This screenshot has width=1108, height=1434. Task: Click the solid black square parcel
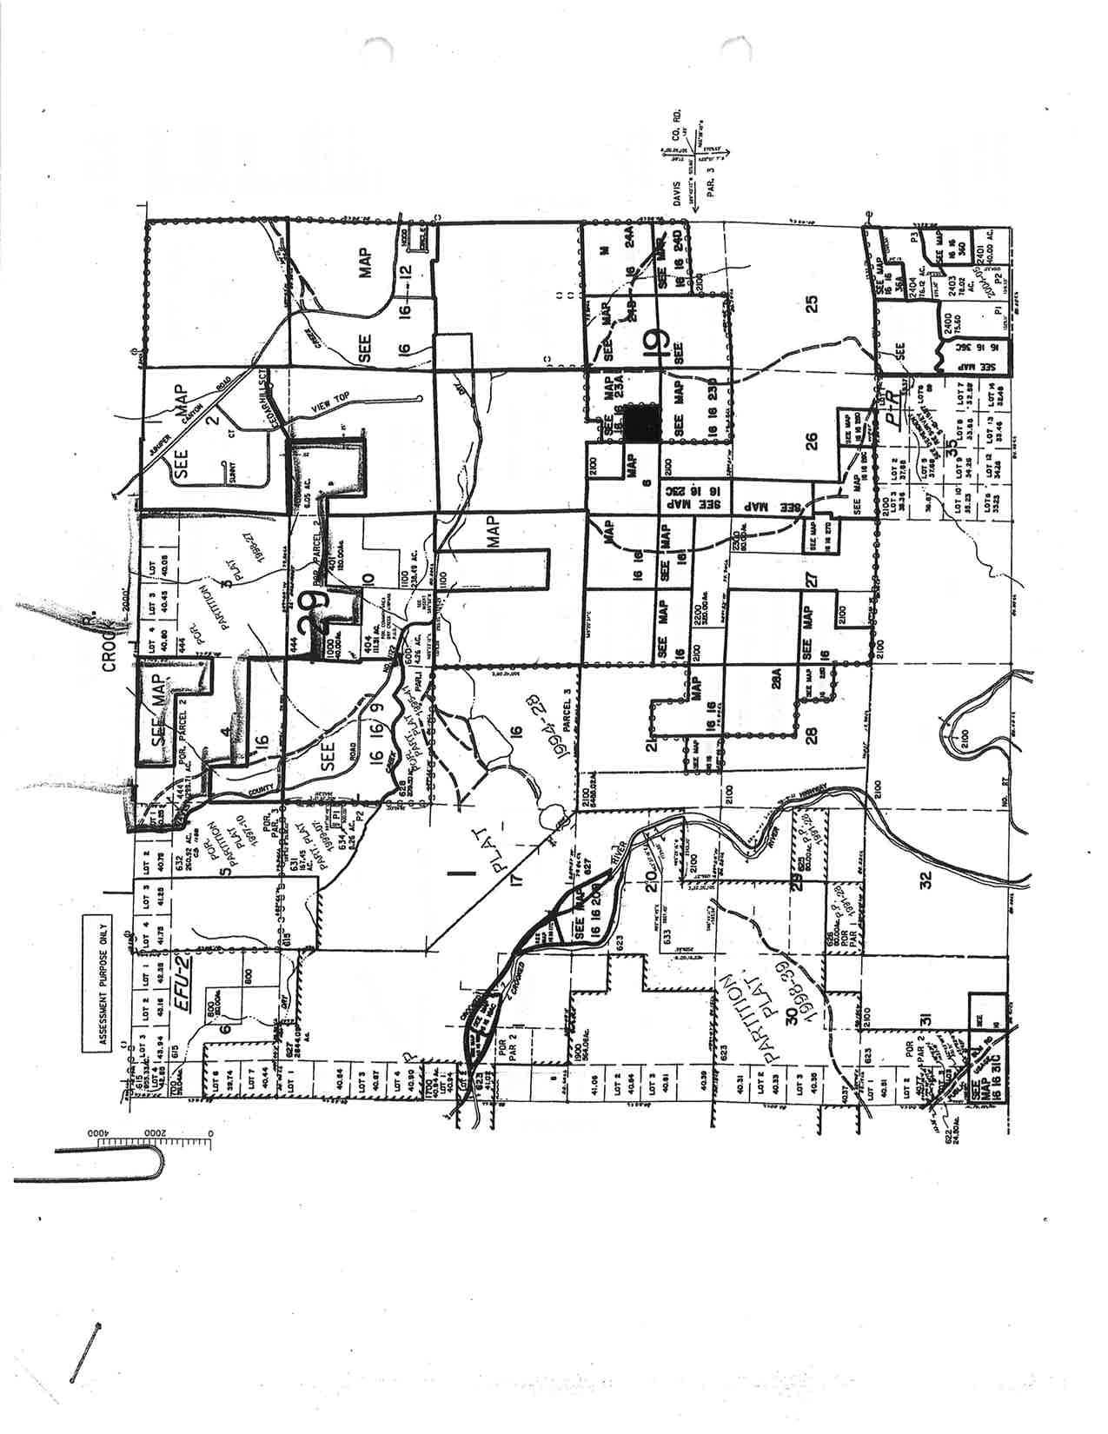point(642,423)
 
